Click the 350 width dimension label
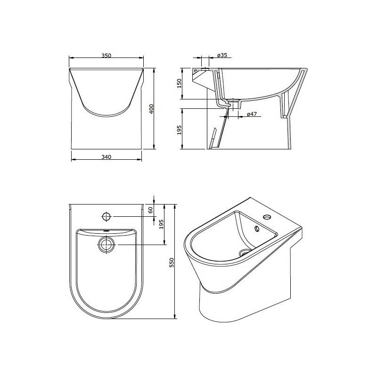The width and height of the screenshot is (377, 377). (107, 56)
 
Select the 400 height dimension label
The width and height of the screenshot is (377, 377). (151, 109)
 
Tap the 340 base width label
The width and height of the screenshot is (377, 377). (107, 157)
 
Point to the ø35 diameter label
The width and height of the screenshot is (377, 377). (222, 55)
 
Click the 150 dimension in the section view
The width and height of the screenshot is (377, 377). (179, 83)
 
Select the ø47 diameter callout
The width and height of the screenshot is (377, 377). (252, 114)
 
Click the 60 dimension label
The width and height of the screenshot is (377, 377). (150, 210)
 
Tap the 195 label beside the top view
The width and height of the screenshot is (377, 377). (161, 224)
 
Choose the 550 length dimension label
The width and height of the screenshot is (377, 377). (172, 262)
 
